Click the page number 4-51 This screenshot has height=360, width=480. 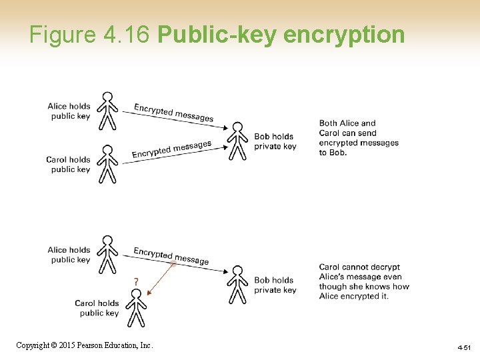click(x=464, y=347)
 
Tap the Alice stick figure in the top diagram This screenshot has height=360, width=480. click(x=107, y=111)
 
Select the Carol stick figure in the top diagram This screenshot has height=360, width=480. click(x=107, y=164)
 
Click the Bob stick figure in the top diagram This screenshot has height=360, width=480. click(x=237, y=141)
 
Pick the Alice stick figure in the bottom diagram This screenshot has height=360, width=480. click(x=107, y=255)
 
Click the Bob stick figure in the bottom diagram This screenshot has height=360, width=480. click(x=237, y=285)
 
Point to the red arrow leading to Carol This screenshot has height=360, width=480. click(x=161, y=279)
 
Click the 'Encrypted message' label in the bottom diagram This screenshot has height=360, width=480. click(x=171, y=255)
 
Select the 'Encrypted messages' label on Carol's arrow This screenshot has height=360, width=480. click(x=171, y=150)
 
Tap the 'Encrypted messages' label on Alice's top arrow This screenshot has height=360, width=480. click(x=173, y=113)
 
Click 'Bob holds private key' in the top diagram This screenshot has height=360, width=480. click(x=275, y=141)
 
